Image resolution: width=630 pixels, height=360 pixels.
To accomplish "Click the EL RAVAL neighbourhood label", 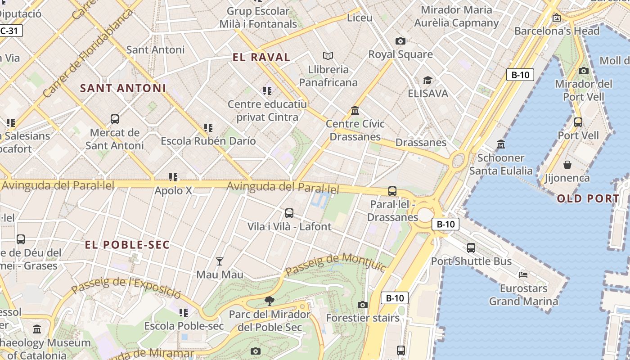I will point(261,57).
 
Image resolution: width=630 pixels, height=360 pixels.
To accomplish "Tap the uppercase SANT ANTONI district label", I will point(123,88).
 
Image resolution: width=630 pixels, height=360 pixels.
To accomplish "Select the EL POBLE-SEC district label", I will point(127,245).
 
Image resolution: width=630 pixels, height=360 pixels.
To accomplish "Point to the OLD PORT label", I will point(588,198).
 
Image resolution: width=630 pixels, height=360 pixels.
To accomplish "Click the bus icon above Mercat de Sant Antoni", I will point(115,119).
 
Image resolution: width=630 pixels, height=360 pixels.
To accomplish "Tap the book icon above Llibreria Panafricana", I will point(328,56).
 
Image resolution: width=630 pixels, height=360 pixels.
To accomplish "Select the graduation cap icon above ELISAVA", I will point(427,81).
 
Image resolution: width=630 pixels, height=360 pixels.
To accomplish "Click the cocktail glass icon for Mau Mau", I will point(220,261).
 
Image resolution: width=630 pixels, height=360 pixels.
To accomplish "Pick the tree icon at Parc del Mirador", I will point(270,301).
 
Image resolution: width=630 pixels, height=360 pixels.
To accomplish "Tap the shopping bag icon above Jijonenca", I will point(567,165).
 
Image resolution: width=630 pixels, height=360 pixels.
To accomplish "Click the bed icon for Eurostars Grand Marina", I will point(523,274).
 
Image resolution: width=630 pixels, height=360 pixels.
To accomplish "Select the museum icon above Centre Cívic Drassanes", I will point(355,110).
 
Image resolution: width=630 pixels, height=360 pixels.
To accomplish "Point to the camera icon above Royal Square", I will point(400,41).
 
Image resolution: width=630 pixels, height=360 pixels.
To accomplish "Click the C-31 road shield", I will point(10,31).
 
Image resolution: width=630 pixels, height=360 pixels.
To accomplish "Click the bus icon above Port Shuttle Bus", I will point(471,247).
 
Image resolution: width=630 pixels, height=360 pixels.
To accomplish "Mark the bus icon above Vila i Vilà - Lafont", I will point(289,213).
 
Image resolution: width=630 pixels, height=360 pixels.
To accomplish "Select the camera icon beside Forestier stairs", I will point(363,305).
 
